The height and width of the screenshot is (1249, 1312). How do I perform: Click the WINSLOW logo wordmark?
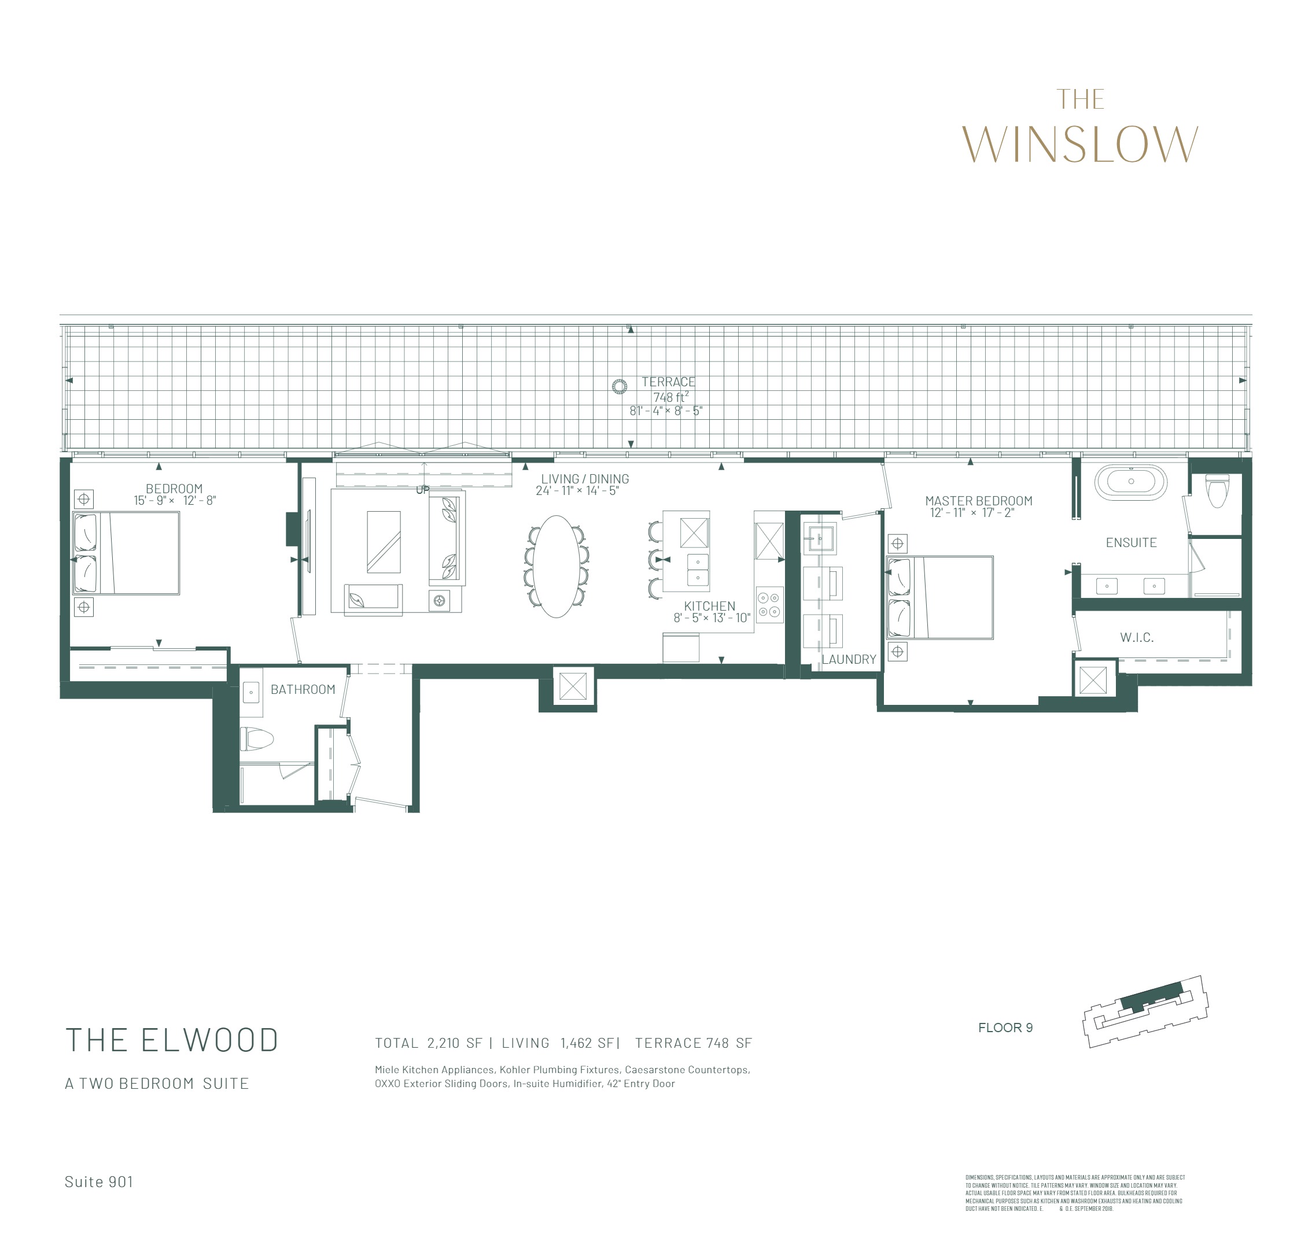point(1079,144)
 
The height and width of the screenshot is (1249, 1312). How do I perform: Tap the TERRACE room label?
point(668,382)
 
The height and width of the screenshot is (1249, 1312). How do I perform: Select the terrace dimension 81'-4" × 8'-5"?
point(666,411)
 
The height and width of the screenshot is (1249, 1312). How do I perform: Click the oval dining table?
point(556,567)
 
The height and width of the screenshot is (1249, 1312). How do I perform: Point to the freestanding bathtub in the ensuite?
point(1131,482)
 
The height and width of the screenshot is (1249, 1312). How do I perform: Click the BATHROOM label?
point(303,689)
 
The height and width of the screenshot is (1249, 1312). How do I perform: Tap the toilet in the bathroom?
point(258,738)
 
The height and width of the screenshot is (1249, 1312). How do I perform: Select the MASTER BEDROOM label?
point(978,501)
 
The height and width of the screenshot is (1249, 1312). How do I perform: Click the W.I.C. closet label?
point(1137,637)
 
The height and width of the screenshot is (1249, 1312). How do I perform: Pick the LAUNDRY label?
point(849,659)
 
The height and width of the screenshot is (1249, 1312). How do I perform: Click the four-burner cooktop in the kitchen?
point(769,604)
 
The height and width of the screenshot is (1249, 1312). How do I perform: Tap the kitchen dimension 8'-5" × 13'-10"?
point(712,618)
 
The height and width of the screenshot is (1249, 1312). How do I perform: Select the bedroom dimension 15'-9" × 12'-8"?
point(175,500)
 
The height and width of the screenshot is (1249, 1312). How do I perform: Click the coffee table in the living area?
point(384,541)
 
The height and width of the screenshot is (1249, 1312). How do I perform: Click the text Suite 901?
point(98,1181)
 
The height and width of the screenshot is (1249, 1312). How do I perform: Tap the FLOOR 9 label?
point(1005,1028)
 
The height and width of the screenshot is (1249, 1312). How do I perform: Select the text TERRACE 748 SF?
point(693,1043)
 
